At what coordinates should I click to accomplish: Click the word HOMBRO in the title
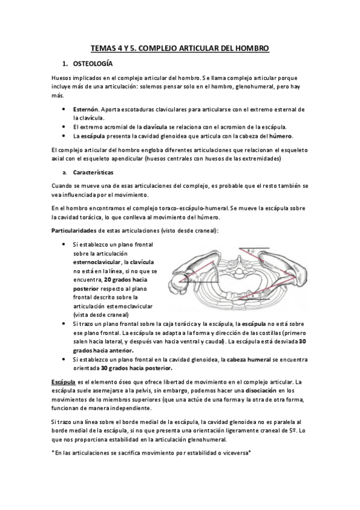click(x=248, y=47)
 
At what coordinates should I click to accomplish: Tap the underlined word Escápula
click(x=63, y=382)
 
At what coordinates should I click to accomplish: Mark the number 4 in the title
click(x=118, y=47)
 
